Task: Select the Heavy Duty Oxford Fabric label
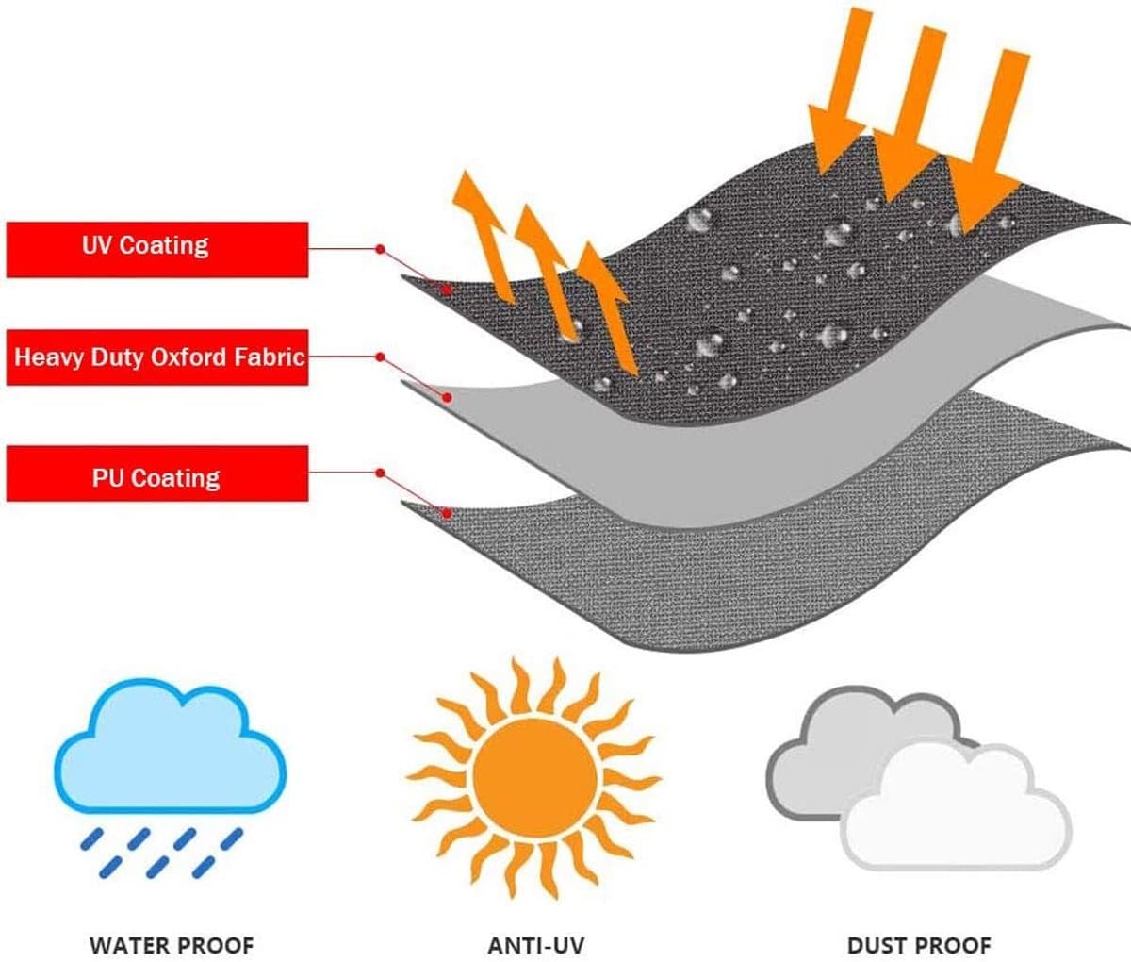coord(156,357)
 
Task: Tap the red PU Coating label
coord(156,474)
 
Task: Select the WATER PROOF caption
coord(172,944)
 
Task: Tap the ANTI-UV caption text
coord(536,944)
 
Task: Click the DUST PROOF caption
coord(919,944)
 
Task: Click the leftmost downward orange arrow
coord(836,94)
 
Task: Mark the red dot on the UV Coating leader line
coord(379,249)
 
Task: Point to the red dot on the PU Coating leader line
coord(379,472)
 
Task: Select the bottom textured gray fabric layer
coord(754,575)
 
